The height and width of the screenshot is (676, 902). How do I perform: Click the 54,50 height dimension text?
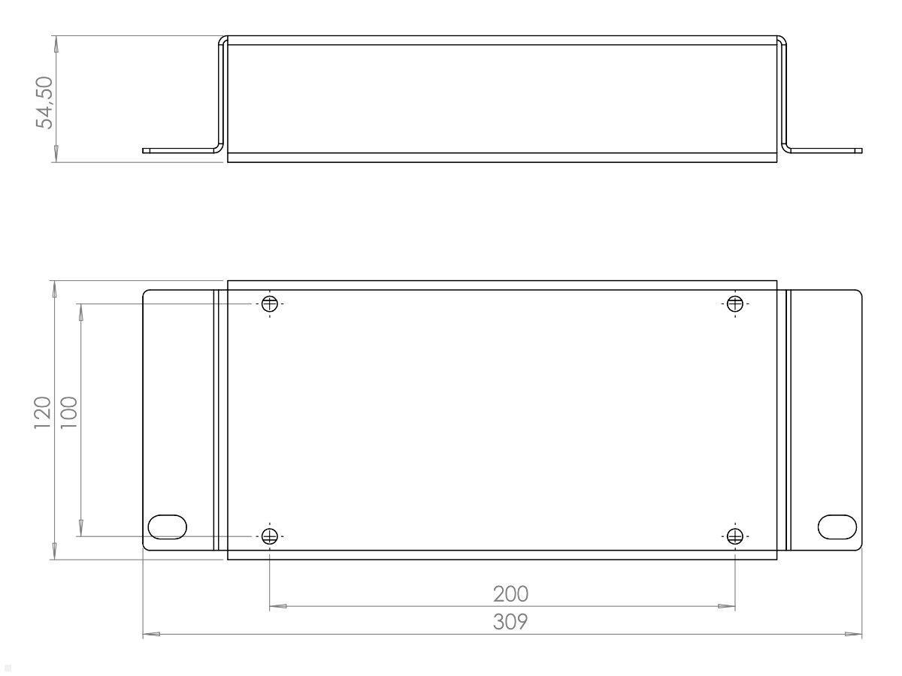coord(46,102)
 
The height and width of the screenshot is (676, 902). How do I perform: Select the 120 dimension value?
coord(42,413)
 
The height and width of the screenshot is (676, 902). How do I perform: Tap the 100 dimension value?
coord(68,413)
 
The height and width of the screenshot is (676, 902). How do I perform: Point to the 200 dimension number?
coord(510,594)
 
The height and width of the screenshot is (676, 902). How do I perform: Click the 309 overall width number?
coord(510,622)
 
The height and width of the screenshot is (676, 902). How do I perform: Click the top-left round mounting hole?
coord(270,304)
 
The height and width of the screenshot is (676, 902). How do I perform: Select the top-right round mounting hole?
coord(735,304)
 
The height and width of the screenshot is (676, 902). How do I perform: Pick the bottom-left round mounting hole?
coord(270,536)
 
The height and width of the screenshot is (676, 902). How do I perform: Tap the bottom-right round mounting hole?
coord(735,536)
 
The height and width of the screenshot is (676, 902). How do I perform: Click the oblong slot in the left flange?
coord(168,527)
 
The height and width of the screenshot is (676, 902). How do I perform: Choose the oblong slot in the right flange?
coord(837,527)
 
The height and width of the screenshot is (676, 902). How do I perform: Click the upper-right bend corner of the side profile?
coord(782,41)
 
